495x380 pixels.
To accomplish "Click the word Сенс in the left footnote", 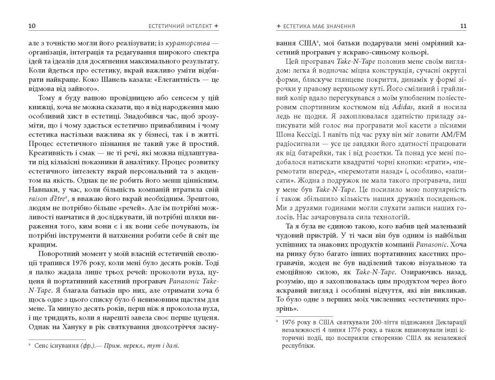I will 43,346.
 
